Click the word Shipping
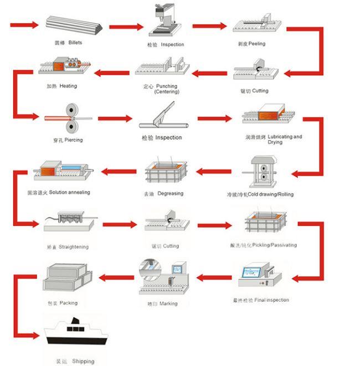[84, 362]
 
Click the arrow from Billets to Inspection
[127, 27]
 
